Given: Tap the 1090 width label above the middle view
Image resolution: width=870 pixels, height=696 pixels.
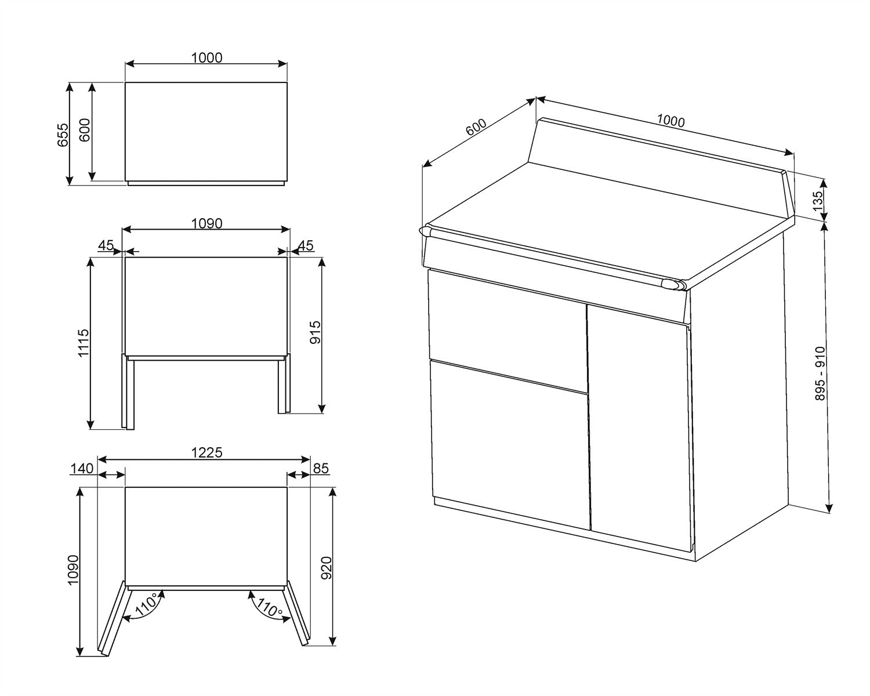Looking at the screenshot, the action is (206, 223).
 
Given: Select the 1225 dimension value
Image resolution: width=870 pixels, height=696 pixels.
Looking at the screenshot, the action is (206, 452).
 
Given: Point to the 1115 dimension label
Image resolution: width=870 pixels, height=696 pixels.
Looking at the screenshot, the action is (84, 343).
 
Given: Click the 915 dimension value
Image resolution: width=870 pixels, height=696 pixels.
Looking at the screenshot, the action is (315, 332).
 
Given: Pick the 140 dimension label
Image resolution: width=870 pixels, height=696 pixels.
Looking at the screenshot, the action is (82, 468).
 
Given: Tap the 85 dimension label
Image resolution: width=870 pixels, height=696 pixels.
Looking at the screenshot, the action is (321, 468).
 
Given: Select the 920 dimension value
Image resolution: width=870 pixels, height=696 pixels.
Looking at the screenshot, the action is (326, 568).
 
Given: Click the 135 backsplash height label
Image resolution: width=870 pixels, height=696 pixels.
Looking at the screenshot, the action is (818, 201).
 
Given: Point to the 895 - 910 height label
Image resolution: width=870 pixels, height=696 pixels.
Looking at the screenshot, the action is (820, 374).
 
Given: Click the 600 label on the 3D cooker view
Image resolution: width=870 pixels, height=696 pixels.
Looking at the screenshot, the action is (476, 127).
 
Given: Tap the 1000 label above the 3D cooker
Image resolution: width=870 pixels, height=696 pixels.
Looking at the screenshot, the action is (670, 121).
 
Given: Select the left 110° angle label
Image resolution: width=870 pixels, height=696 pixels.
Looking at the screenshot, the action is (147, 604).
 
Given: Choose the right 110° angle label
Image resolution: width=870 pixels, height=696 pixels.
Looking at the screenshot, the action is (270, 607).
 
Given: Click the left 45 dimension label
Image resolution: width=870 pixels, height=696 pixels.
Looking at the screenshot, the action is (106, 245).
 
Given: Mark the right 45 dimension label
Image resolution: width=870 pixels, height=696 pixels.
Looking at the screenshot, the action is (306, 245).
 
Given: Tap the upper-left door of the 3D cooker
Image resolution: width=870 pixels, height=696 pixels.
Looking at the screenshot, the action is (507, 331).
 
